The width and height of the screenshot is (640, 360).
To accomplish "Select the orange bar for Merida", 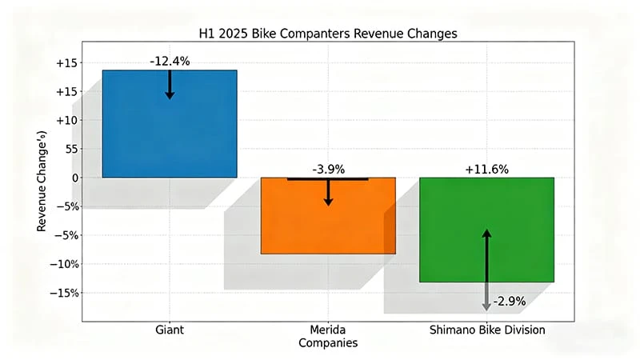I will (328, 224).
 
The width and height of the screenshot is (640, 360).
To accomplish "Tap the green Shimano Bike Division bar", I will (486, 240).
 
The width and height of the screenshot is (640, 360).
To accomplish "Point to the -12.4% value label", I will (170, 61).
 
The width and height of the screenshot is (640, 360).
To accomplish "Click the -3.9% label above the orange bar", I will (329, 169).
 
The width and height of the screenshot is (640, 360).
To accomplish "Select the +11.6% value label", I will (486, 169).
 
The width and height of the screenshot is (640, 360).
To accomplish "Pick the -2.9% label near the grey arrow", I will (510, 302).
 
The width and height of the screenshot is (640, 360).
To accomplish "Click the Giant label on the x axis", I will (170, 330).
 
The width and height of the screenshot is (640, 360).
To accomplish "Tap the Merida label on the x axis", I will (328, 330).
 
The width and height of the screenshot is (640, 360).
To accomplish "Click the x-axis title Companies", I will (328, 343).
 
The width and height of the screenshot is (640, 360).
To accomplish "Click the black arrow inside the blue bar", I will (170, 85).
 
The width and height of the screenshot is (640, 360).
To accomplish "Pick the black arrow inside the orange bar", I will (328, 193).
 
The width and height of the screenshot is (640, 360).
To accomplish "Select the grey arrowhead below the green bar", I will (486, 306).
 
